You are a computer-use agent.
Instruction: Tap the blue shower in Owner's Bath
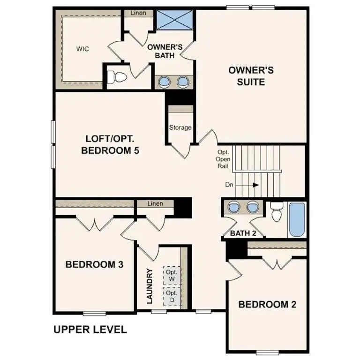(x=174, y=19)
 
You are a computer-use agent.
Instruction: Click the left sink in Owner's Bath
(x=165, y=82)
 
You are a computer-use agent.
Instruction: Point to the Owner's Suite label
(x=251, y=76)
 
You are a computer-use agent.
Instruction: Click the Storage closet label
(x=180, y=127)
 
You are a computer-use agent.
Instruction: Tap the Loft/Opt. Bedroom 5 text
(x=112, y=145)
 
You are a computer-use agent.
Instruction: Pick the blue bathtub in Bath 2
(x=296, y=220)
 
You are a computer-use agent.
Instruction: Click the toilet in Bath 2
(x=277, y=214)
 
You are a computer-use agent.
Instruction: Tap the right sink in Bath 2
(x=253, y=207)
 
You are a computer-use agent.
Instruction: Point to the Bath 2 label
(x=243, y=233)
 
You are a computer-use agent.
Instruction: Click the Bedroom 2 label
(x=267, y=304)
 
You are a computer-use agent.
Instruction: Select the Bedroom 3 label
(x=94, y=264)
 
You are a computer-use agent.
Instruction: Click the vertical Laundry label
(x=150, y=286)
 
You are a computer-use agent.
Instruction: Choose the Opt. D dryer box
(x=171, y=296)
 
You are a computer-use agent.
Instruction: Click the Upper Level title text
(x=90, y=330)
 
